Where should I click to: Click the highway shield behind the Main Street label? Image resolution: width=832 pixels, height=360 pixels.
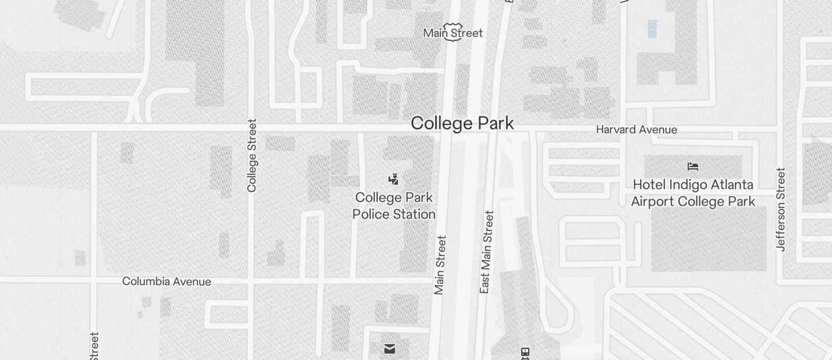click(453, 31)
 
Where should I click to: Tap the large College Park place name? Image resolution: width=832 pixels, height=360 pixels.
click(462, 123)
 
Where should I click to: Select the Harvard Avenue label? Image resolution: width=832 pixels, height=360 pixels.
click(636, 130)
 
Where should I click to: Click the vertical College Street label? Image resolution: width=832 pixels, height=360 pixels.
click(252, 155)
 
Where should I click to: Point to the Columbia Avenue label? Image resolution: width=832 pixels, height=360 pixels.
click(167, 282)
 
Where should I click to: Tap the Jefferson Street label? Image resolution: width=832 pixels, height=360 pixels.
click(781, 209)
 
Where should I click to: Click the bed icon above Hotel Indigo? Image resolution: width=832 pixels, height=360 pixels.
click(693, 167)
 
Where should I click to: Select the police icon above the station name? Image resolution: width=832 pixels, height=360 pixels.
click(394, 179)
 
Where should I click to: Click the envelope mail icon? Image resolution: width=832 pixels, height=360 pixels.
click(390, 349)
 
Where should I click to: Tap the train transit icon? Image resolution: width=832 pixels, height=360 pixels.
click(525, 353)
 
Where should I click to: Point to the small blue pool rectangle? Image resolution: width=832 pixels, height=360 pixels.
click(652, 29)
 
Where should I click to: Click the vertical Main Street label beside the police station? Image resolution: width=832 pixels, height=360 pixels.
click(440, 265)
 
